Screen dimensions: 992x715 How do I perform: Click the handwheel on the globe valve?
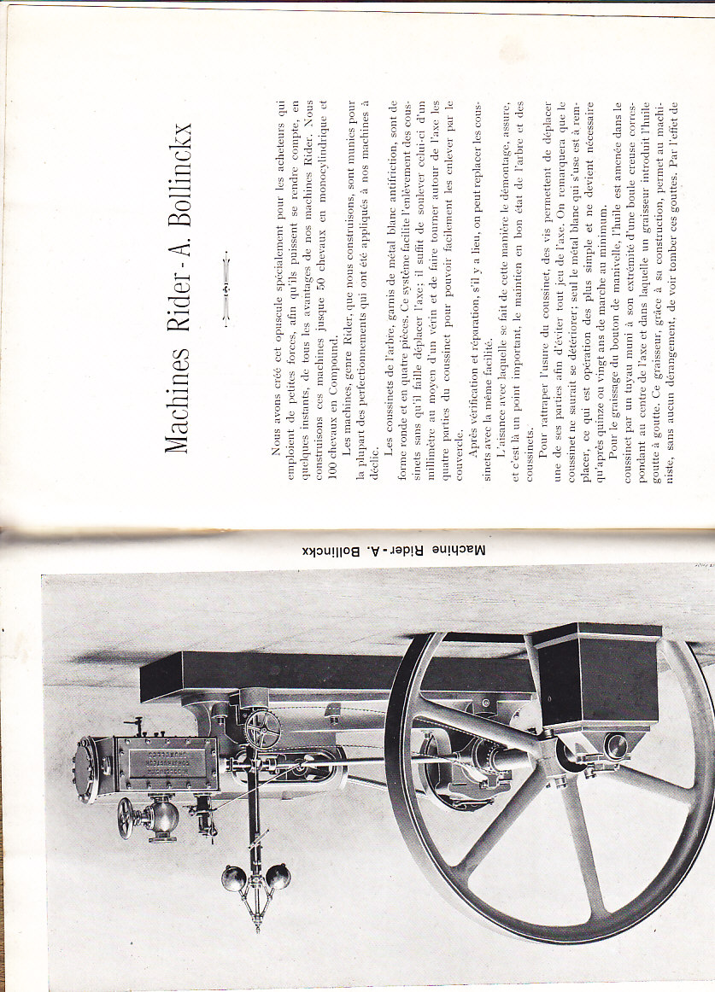(x=126, y=819)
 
